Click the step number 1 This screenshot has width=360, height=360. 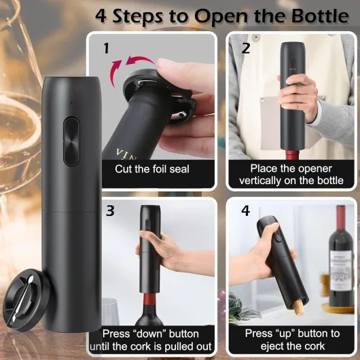point(106,48)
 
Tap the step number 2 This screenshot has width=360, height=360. point(246,48)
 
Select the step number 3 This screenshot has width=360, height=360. point(110,211)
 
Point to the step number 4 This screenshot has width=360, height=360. point(245,211)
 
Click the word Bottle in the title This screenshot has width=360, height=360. point(320,16)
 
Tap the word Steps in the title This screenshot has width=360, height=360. point(138,16)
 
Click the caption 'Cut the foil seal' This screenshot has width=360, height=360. point(152,169)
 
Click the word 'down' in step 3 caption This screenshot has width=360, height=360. point(149,334)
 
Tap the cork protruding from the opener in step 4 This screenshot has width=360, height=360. point(298,307)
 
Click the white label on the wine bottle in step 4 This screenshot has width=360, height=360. point(341,270)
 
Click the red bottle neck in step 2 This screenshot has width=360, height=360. point(292,155)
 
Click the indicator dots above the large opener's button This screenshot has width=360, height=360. point(71,98)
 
